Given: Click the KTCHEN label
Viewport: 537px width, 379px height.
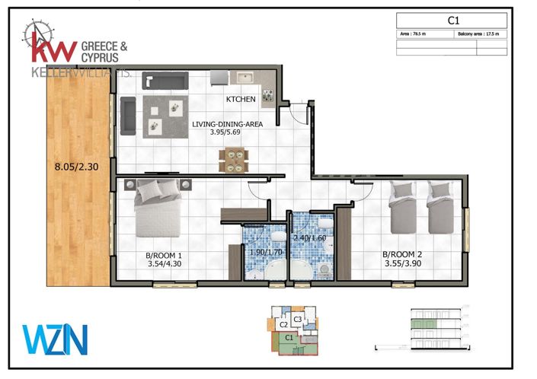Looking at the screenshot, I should pos(241,100).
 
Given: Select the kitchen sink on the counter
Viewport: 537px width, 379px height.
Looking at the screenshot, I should pos(245,78).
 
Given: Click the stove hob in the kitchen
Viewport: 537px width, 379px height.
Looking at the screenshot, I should pos(269,95).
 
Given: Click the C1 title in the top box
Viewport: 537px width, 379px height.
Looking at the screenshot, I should pos(452,21).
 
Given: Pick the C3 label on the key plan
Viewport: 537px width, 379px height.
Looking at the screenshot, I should pos(298,319).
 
